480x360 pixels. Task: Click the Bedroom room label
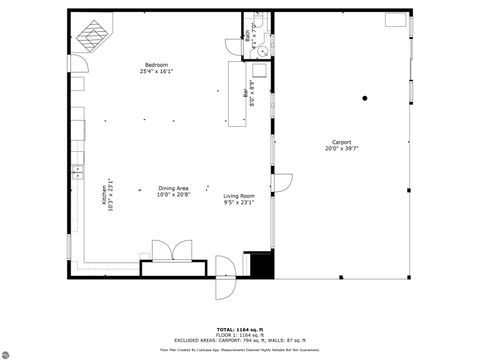point(154,65)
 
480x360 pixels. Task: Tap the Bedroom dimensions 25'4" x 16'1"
point(154,72)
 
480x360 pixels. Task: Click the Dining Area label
point(173,188)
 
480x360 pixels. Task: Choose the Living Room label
point(239,195)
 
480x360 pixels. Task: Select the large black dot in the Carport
point(365,98)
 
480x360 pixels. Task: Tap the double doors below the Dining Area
point(165,251)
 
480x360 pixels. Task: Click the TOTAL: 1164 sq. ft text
point(240,328)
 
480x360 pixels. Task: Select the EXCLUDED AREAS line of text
point(240,340)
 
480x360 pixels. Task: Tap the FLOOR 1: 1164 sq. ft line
point(240,334)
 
